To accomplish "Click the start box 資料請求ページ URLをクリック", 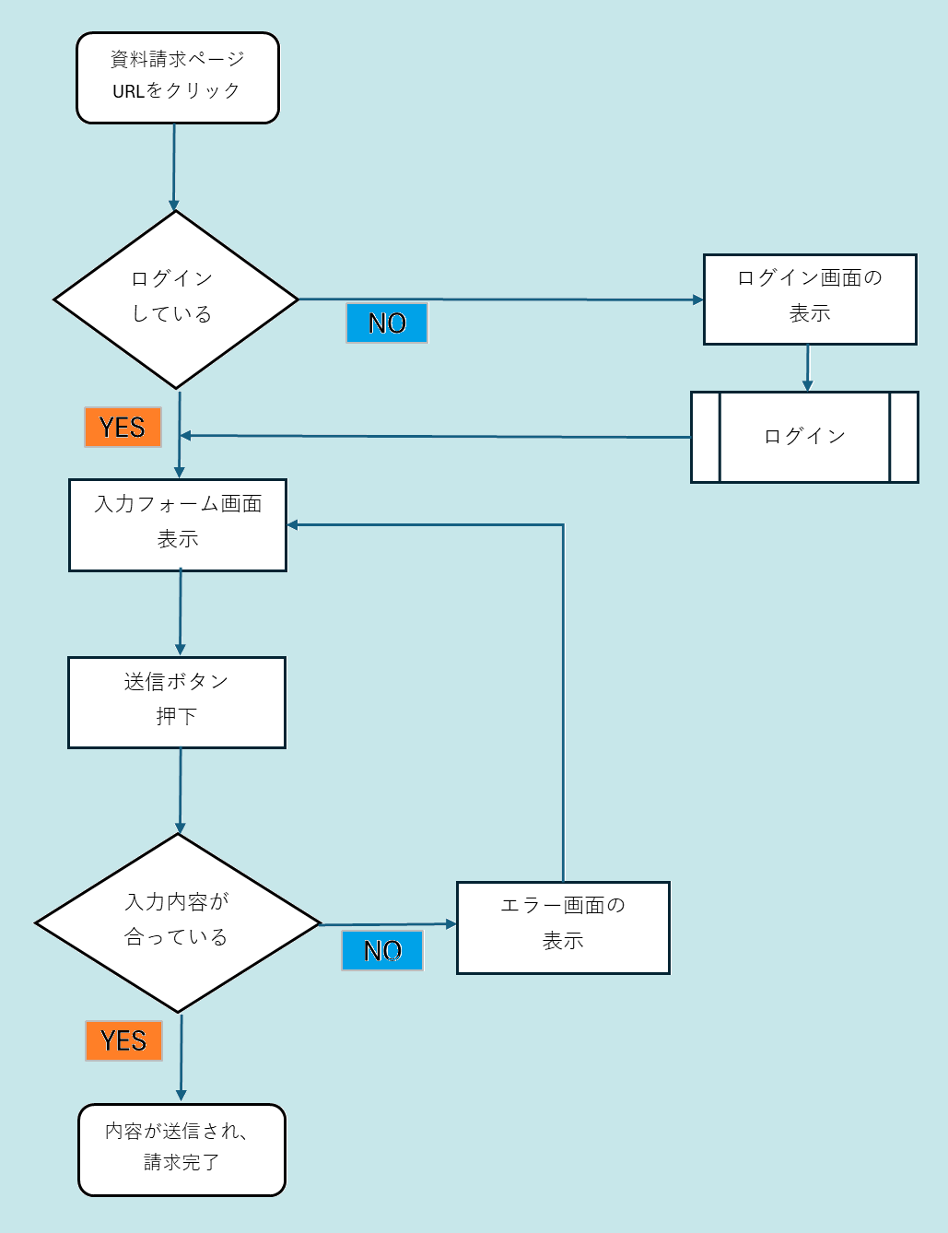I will tap(177, 77).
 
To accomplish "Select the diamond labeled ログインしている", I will tap(175, 299).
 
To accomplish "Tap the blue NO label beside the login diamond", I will tap(387, 323).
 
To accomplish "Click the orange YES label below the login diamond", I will tap(123, 428).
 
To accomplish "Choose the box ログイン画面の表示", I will tap(810, 299).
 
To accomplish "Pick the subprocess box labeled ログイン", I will tap(804, 437).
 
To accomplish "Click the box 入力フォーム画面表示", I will tap(177, 524).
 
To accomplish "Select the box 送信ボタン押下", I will tap(176, 702).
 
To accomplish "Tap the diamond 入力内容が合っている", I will tap(177, 922).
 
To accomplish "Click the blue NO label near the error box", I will tap(382, 950).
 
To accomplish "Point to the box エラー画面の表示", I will tap(563, 927).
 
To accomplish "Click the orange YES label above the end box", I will tap(123, 1040).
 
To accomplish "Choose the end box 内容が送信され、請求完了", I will tap(181, 1149).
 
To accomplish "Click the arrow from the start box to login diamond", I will tap(173, 166).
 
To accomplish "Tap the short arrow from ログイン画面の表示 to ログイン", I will tap(807, 369).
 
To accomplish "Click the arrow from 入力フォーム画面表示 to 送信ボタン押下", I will tap(180, 613).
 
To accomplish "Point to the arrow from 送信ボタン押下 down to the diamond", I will tap(180, 790).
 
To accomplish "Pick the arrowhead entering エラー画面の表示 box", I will tap(451, 923).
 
